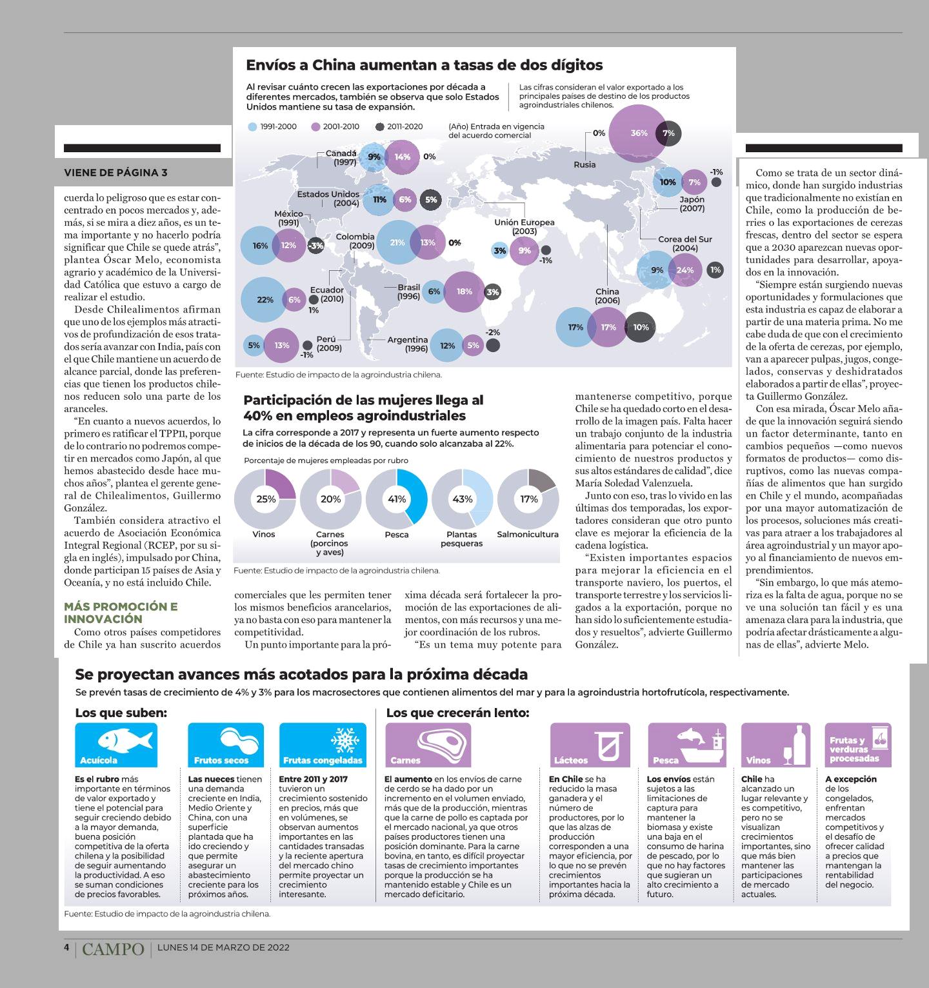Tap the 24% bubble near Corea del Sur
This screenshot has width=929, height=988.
pos(685,270)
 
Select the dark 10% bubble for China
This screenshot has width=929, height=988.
pos(641,327)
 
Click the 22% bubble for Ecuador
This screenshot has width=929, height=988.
pos(265,300)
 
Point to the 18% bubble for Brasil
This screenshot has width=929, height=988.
pos(464,291)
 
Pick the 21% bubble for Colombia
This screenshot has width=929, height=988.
pos(398,242)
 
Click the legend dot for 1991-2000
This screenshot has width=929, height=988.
pos(252,127)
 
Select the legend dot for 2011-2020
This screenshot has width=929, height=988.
pos(379,127)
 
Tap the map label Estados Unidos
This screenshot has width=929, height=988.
pos(328,194)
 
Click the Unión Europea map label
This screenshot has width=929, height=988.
pos(524,222)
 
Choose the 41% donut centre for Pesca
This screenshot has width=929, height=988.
pos(396,499)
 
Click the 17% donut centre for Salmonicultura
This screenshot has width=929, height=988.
pos(528,499)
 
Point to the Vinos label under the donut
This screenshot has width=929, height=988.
pos(264,534)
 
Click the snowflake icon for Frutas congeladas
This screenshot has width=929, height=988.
pos(345,739)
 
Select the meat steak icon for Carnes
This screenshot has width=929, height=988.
pos(437,741)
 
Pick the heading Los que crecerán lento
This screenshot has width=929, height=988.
pos(457,713)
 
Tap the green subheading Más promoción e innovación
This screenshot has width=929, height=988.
pos(121,613)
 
